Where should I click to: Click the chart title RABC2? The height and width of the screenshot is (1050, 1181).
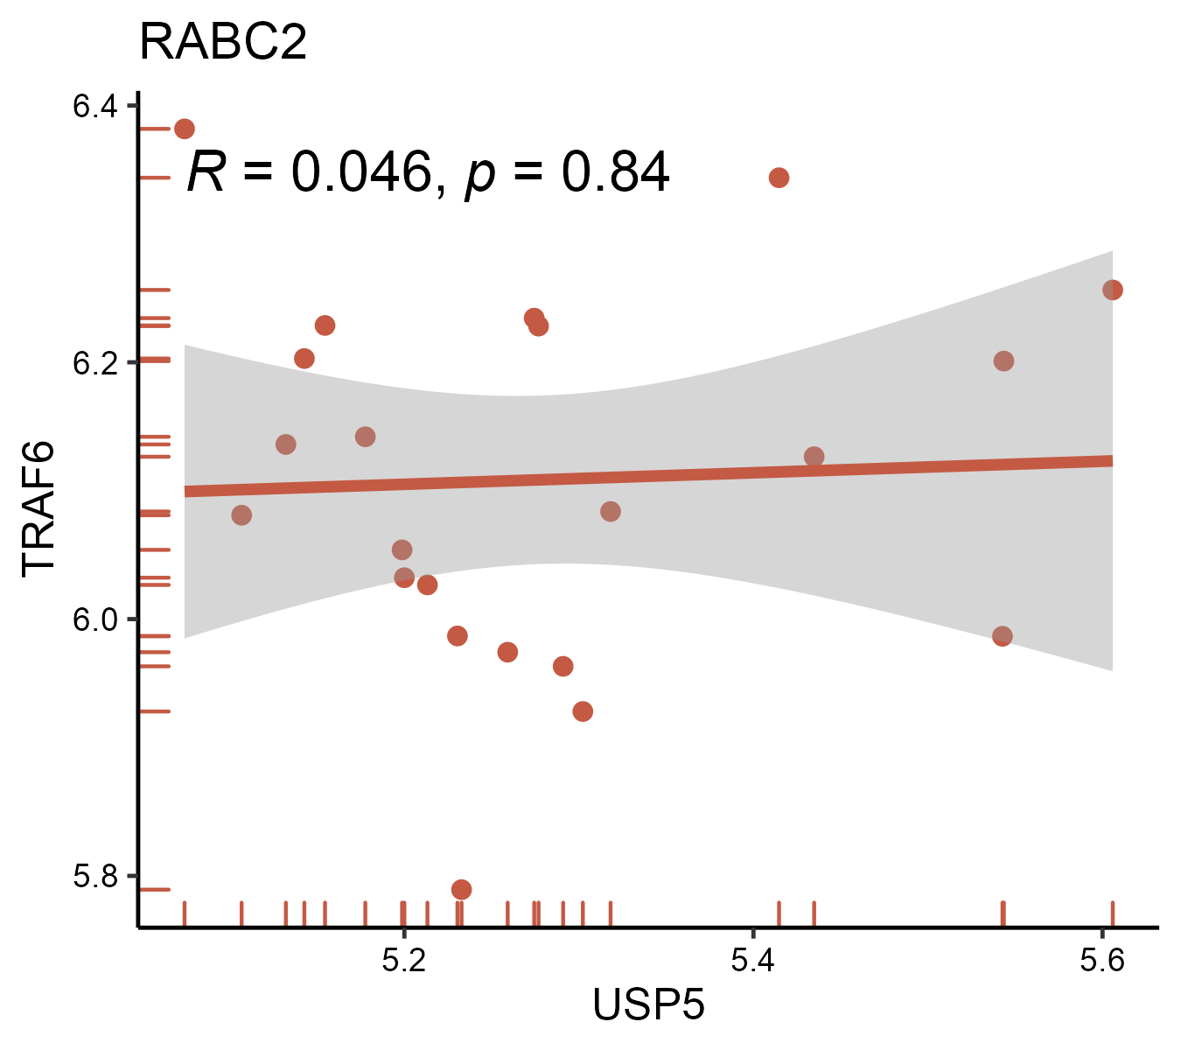click(x=223, y=42)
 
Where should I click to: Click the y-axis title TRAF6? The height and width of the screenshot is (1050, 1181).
click(x=38, y=508)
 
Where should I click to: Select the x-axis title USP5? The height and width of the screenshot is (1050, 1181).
click(x=648, y=1004)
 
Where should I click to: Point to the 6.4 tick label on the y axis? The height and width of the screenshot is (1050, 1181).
click(x=94, y=107)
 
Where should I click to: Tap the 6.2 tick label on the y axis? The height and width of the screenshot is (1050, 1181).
click(x=94, y=362)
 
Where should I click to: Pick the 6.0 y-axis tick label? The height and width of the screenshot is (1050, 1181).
click(x=94, y=619)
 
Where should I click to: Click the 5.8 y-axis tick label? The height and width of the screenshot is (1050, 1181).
click(x=94, y=876)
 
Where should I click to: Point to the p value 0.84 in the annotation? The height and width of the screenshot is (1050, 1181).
click(x=615, y=171)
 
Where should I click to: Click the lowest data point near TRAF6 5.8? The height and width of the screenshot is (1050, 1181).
click(x=461, y=890)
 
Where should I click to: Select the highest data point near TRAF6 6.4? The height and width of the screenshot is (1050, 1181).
click(x=185, y=129)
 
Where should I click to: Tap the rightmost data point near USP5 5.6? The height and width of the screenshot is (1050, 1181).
click(x=1112, y=290)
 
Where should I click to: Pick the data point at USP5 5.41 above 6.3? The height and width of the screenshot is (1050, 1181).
click(x=779, y=178)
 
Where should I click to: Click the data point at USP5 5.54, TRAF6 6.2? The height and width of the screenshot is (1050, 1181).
click(x=1003, y=361)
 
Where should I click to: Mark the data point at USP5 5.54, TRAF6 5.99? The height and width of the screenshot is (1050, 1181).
click(x=1003, y=636)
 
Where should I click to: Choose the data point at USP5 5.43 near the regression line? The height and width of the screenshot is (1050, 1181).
click(x=814, y=457)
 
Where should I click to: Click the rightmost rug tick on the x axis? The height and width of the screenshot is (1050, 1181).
click(x=1112, y=913)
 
